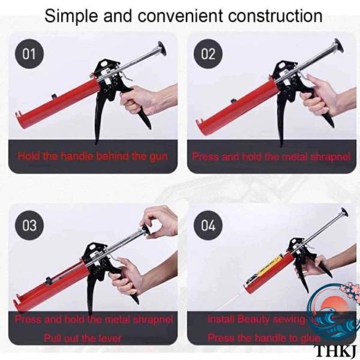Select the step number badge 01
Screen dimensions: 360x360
[x=29, y=54]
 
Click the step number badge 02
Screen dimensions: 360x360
[x=208, y=54]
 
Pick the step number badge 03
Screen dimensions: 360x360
[x=29, y=225]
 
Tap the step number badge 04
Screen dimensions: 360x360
[x=208, y=225]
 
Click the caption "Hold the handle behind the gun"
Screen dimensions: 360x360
[x=92, y=156]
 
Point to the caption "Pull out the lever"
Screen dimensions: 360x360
[x=82, y=338]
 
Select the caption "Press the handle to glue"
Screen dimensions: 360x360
[x=264, y=338]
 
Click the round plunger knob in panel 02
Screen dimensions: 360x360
[x=339, y=46]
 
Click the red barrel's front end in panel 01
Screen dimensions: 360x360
[x=20, y=120]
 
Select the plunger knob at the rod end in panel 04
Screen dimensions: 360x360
[x=344, y=213]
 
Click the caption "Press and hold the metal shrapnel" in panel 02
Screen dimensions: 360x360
[x=271, y=157]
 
